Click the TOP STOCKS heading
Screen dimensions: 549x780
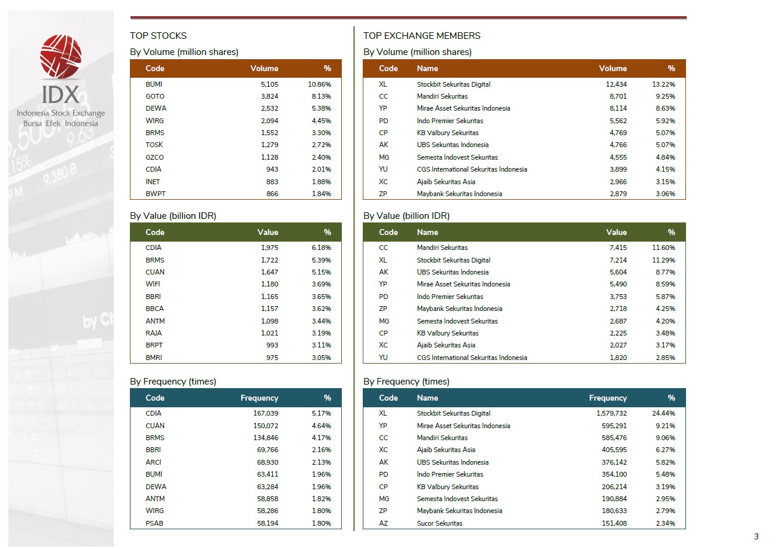click(x=158, y=36)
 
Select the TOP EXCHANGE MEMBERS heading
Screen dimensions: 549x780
click(x=421, y=36)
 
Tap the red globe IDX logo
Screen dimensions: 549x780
click(x=60, y=57)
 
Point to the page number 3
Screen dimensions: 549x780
click(x=756, y=536)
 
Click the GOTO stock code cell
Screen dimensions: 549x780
click(x=154, y=96)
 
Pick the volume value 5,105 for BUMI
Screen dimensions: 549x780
click(x=269, y=84)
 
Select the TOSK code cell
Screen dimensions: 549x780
click(x=154, y=145)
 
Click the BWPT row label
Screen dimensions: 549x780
click(x=155, y=194)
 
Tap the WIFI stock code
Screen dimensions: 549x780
click(x=153, y=284)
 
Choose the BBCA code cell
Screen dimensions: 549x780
click(x=154, y=309)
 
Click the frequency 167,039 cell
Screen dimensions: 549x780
click(x=266, y=413)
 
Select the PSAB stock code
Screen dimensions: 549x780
click(x=154, y=523)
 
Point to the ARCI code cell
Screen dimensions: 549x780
click(x=153, y=462)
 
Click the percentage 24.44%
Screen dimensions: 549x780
click(x=663, y=413)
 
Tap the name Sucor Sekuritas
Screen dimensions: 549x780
click(x=439, y=523)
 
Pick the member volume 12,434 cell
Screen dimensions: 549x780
click(x=617, y=84)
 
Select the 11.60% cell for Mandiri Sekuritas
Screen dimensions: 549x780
click(x=663, y=248)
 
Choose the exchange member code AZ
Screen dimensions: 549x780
click(x=384, y=523)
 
